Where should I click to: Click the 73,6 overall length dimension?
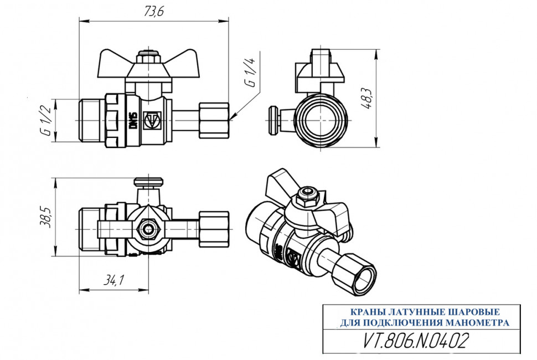(154, 11)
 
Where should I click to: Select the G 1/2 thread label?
(46, 121)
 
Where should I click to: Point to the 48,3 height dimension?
(367, 98)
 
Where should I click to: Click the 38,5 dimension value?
(45, 217)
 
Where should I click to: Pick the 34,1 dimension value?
(113, 281)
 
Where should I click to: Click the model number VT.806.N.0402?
(415, 341)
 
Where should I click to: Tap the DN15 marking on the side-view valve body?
(133, 121)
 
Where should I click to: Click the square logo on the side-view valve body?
(152, 121)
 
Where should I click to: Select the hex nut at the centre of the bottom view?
(148, 229)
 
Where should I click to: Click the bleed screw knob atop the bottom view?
(148, 182)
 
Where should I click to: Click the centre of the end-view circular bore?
(321, 121)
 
